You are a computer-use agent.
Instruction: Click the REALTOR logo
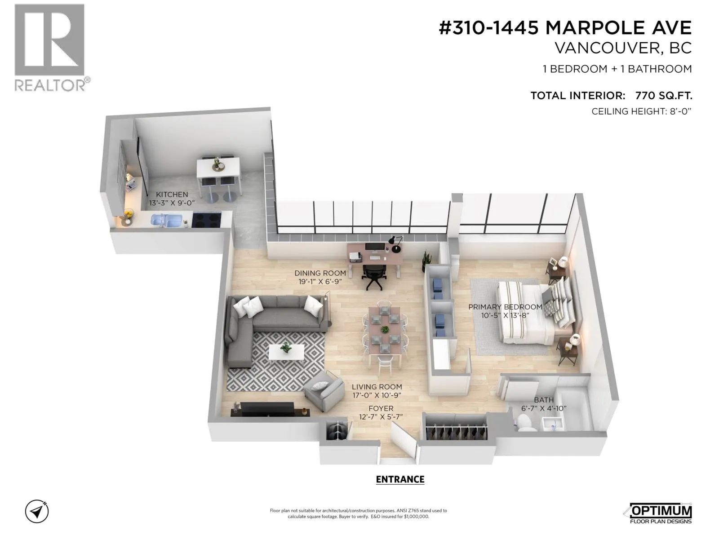tap(50, 47)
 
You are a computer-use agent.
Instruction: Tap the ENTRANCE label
tap(400, 479)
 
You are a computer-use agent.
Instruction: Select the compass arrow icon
tap(37, 511)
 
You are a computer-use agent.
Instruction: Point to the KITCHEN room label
tap(172, 194)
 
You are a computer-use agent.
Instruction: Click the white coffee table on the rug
tap(286, 352)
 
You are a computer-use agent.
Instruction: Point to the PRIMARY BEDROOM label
tap(505, 307)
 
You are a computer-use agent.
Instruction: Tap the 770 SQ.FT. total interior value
tap(663, 95)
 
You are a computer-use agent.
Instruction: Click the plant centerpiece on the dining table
tap(384, 329)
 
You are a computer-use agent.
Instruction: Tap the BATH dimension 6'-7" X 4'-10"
tap(544, 408)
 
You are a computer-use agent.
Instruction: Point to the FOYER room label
tap(381, 408)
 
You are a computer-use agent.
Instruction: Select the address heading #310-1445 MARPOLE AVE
tap(565, 28)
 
